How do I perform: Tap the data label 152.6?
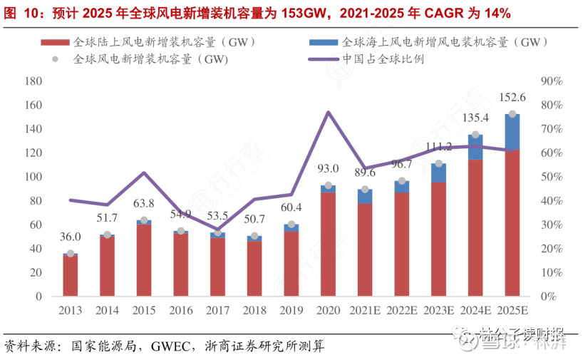pos(512,98)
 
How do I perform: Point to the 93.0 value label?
pos(329,169)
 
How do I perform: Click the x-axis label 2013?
pos(71,311)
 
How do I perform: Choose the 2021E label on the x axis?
pos(365,311)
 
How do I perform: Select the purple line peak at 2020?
pos(328,112)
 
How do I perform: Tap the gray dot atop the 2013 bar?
pos(70,253)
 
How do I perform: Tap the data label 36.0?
pos(70,237)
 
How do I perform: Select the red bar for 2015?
pos(144,261)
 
